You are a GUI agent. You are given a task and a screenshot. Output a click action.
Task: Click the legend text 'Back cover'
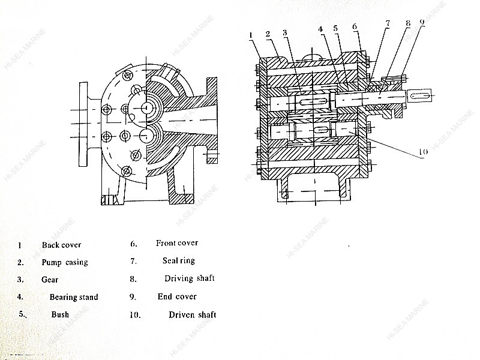61,245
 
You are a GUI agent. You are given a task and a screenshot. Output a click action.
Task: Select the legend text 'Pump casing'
65,262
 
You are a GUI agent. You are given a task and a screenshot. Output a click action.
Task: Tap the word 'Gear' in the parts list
50,280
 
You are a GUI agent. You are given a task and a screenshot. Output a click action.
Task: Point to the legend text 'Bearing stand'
74,297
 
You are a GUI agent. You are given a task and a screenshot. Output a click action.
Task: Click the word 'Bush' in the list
60,314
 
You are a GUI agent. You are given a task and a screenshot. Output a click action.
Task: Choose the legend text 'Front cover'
177,243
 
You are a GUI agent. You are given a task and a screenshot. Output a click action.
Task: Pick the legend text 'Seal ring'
179,261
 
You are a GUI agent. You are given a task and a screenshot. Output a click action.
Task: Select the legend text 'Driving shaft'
190,278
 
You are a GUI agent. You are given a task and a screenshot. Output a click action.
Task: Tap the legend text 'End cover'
177,296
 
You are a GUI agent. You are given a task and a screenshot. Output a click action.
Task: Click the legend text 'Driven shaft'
193,314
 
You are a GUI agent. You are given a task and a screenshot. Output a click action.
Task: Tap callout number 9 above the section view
422,23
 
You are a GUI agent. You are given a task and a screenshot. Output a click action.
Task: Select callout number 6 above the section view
355,26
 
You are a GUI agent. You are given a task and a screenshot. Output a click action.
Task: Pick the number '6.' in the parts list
134,244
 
